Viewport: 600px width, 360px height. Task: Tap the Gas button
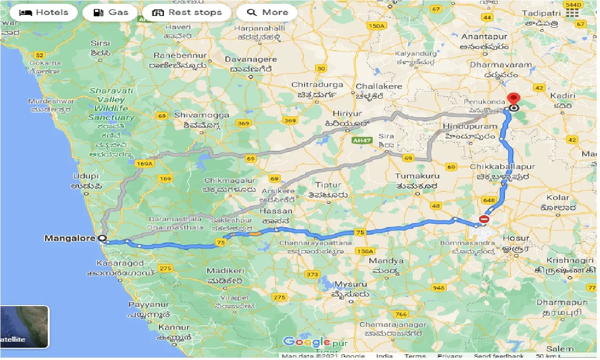tap(110, 13)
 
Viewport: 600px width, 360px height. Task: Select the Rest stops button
tap(187, 13)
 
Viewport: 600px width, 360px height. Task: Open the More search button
tap(267, 13)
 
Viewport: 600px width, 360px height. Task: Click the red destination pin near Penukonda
tap(514, 100)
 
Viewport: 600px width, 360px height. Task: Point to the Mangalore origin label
tap(70, 238)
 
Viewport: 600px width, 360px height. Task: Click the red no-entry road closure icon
tap(484, 219)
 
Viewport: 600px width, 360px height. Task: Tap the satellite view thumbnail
tap(24, 327)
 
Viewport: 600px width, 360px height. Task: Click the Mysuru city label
tap(351, 285)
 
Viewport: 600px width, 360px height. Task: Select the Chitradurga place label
tap(317, 85)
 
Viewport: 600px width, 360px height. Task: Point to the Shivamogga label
tap(202, 115)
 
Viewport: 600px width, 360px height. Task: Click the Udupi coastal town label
tap(86, 176)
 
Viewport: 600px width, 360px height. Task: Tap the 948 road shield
tap(439, 288)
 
